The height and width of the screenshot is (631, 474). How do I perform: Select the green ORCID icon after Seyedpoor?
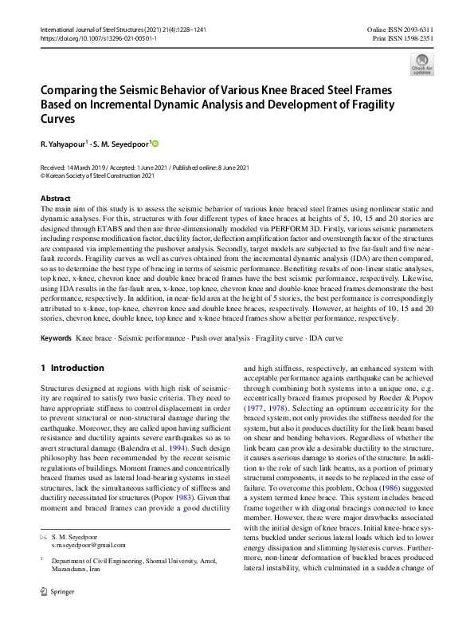[155, 144]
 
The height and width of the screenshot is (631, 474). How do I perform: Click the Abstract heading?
[55, 198]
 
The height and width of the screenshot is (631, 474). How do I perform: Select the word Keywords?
[56, 339]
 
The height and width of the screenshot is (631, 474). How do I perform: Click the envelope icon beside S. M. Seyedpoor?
[44, 536]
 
